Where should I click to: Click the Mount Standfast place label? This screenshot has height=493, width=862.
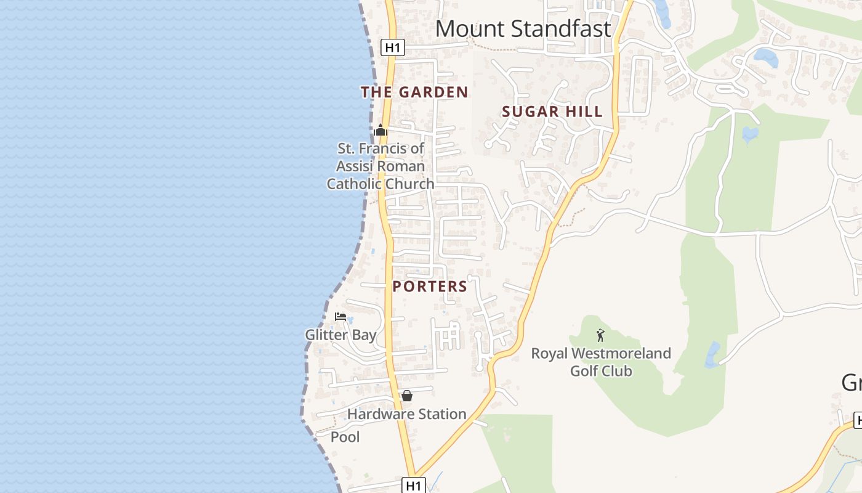[523, 29]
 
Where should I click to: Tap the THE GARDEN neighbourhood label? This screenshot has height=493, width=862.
[414, 92]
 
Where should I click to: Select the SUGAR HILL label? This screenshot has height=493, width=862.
[552, 112]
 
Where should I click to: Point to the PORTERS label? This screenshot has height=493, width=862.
[430, 287]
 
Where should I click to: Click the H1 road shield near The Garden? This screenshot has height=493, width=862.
[392, 47]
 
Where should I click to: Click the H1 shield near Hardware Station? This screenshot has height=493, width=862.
[414, 485]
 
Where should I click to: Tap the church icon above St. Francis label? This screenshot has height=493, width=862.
[381, 131]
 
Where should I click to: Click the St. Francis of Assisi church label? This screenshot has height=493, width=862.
[381, 166]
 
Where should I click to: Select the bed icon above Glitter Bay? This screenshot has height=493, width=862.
[340, 317]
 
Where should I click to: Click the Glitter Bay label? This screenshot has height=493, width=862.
[340, 335]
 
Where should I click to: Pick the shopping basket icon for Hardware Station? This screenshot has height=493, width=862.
[407, 396]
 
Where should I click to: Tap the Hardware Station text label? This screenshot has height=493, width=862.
[406, 414]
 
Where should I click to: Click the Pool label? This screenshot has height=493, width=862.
[345, 437]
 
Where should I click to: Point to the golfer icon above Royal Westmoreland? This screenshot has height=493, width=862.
[600, 336]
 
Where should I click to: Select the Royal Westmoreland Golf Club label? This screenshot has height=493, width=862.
[601, 362]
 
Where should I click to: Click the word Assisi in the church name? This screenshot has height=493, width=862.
[355, 166]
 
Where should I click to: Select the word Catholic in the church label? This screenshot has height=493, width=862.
[353, 184]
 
